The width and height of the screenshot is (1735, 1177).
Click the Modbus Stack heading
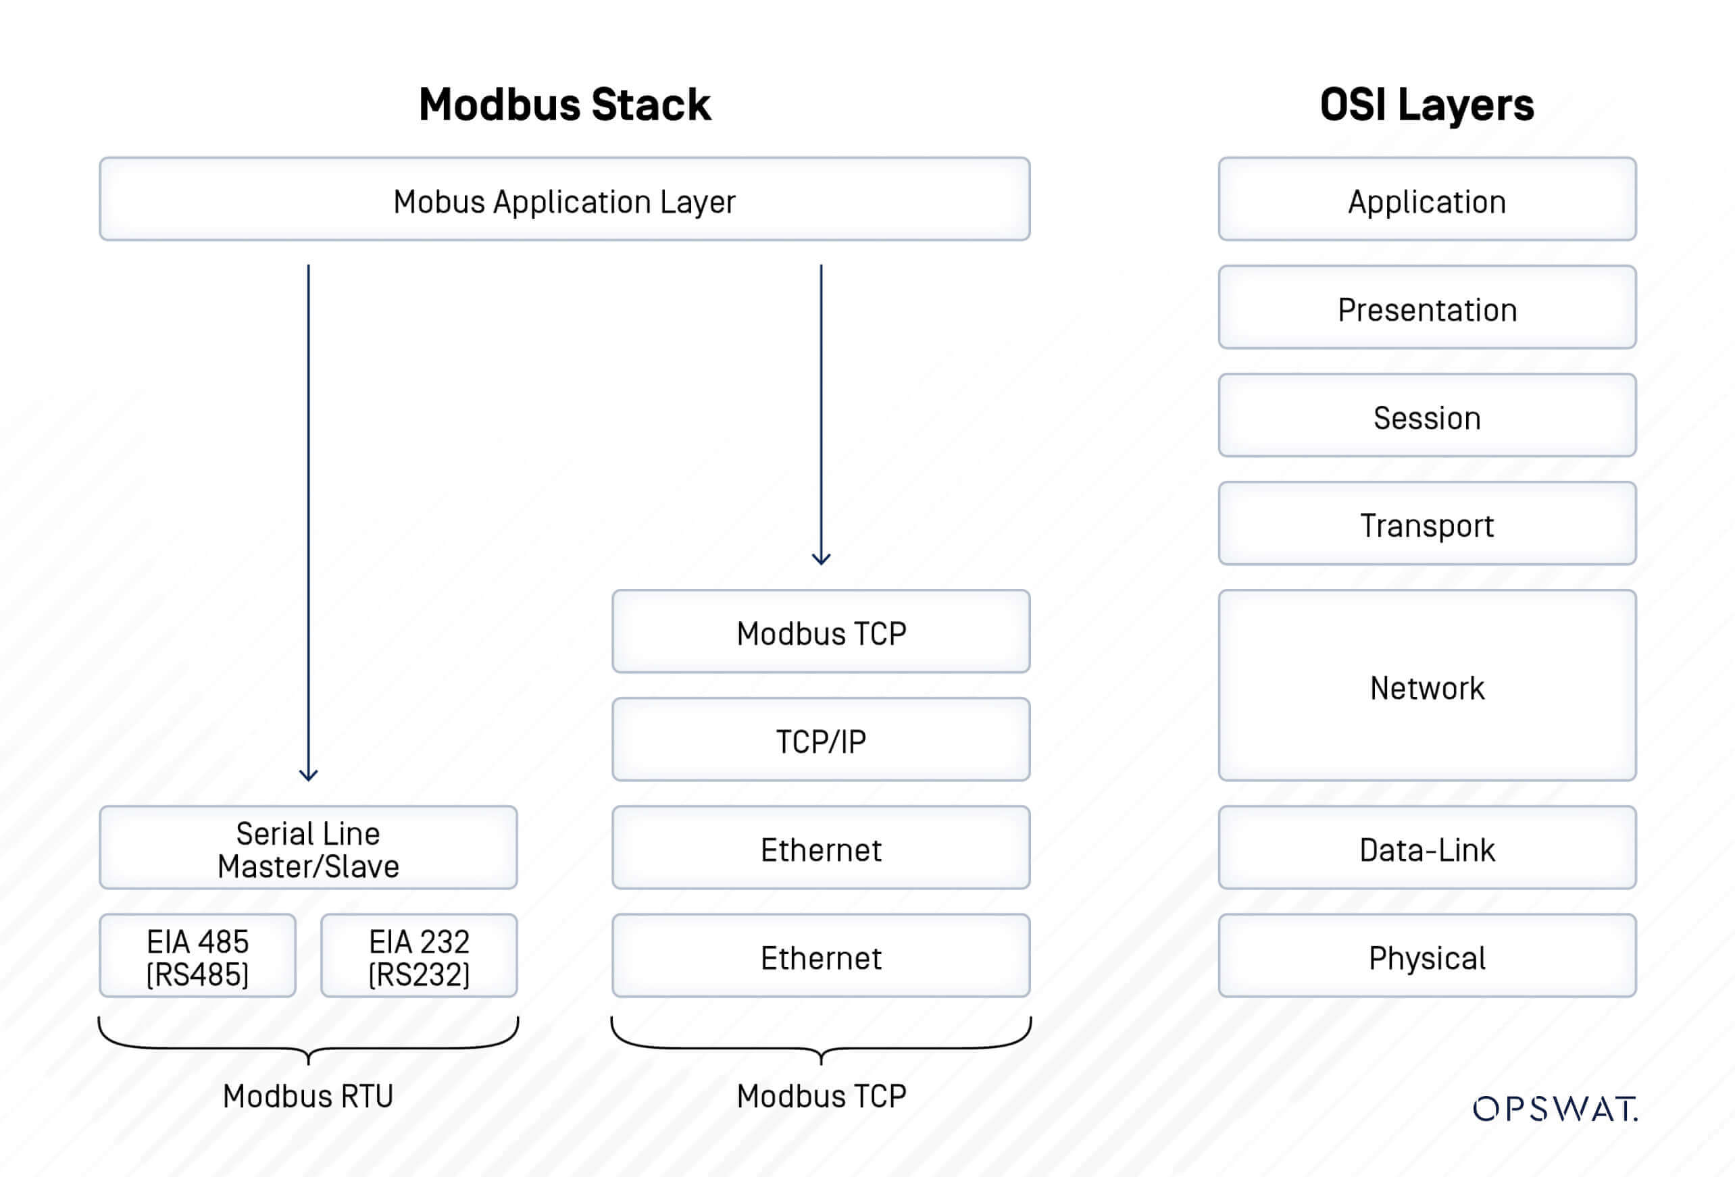click(x=564, y=105)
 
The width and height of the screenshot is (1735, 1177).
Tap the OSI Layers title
click(x=1427, y=105)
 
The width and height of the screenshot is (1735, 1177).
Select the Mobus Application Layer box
click(x=564, y=199)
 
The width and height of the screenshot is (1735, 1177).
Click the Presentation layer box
click(x=1427, y=307)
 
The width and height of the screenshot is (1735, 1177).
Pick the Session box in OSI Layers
click(x=1427, y=416)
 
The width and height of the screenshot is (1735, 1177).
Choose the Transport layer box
click(x=1427, y=524)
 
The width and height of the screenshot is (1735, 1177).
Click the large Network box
click(x=1427, y=686)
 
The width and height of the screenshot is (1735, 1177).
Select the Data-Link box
click(x=1427, y=848)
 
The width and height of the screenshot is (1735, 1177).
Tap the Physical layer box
click(x=1427, y=956)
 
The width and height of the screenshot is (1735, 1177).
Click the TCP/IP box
click(x=820, y=739)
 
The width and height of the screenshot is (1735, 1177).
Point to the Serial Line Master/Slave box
click(x=308, y=848)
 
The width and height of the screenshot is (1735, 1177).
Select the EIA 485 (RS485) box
click(x=198, y=956)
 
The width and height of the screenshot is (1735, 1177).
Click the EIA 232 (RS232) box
click(x=419, y=956)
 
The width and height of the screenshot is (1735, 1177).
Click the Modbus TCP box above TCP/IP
click(x=820, y=632)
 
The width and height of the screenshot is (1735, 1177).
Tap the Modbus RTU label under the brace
click(x=307, y=1096)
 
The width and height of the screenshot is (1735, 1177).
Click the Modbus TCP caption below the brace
click(x=820, y=1096)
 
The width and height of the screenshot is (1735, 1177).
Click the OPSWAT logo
click(x=1555, y=1109)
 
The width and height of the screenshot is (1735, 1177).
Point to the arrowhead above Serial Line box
click(x=308, y=775)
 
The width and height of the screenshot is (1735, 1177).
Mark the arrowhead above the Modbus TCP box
click(x=820, y=558)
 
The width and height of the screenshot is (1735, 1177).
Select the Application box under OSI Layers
click(x=1427, y=199)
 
